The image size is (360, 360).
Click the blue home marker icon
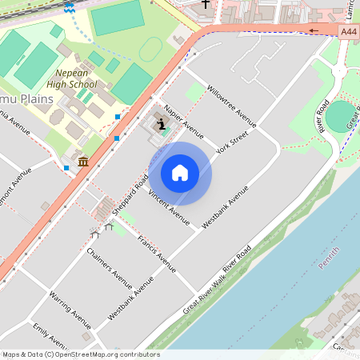tap(180, 173)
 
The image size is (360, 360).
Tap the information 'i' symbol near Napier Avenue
tap(162, 124)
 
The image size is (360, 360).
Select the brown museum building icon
tap(82, 162)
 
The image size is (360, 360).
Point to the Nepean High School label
tap(71, 78)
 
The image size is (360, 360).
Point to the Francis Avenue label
tap(156, 254)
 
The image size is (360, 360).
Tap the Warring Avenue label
tap(70, 310)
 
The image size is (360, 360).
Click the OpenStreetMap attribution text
tap(81, 354)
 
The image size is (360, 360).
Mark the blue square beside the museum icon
tap(66, 167)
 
